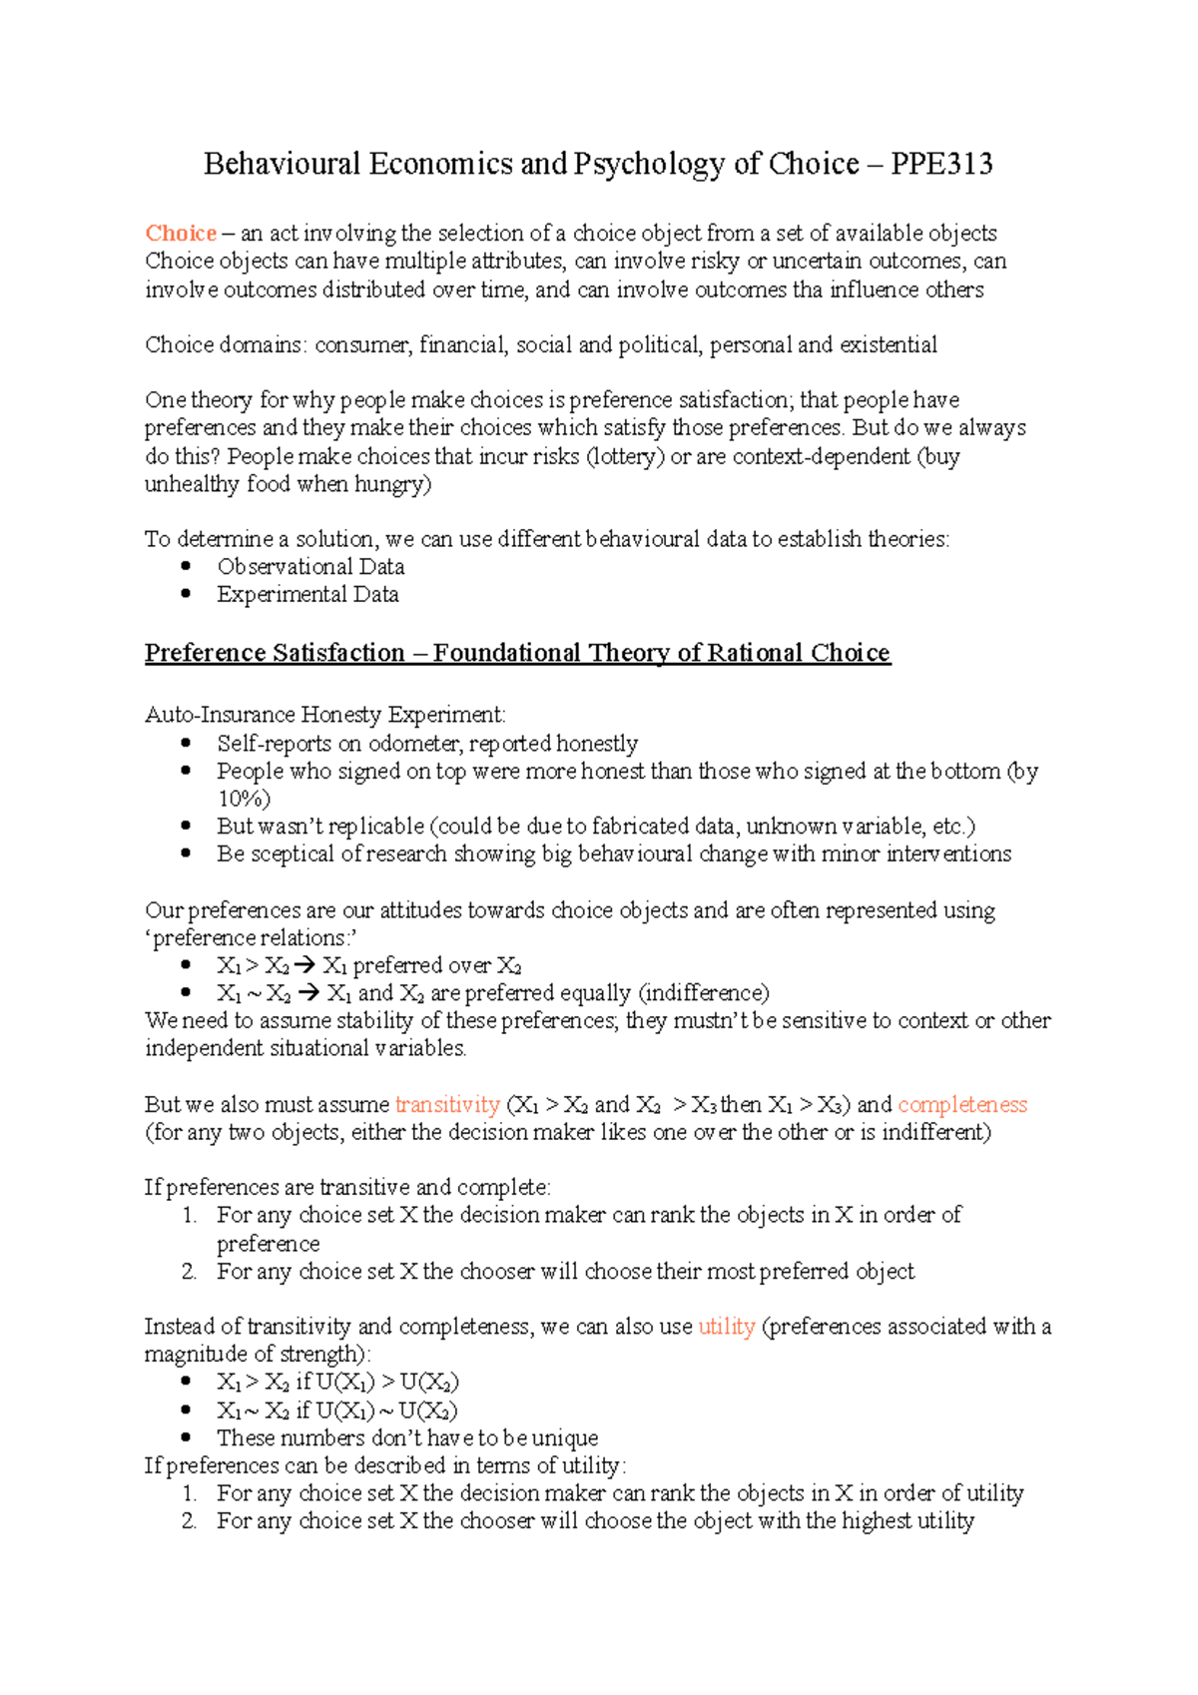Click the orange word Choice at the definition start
[181, 234]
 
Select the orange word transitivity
[447, 1105]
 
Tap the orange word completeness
[962, 1105]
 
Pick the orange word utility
[726, 1327]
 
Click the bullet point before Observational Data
[186, 566]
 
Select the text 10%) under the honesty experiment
[244, 799]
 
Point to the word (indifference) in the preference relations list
[704, 993]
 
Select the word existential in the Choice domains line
[888, 345]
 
